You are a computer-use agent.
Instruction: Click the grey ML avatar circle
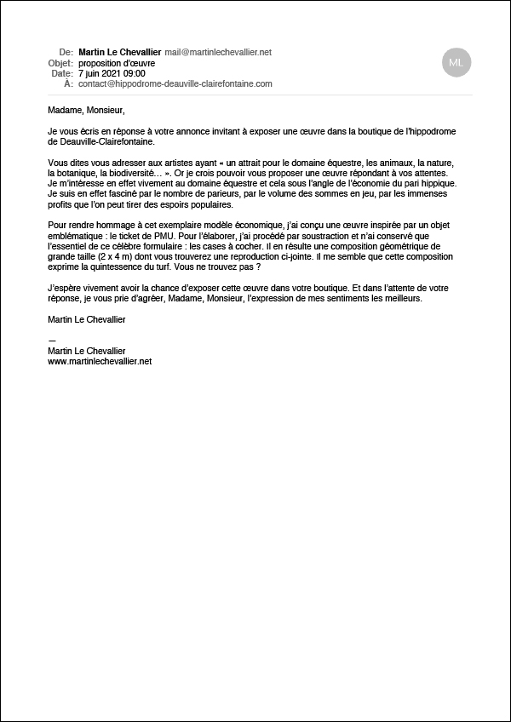pyautogui.click(x=456, y=62)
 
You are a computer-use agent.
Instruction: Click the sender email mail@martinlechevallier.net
pyautogui.click(x=218, y=53)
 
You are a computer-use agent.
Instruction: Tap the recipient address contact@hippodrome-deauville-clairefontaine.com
pyautogui.click(x=175, y=84)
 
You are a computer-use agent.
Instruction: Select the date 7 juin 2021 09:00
pyautogui.click(x=112, y=74)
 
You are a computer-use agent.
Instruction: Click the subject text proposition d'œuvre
pyautogui.click(x=113, y=63)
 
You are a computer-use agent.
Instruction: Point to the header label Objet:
pyautogui.click(x=61, y=63)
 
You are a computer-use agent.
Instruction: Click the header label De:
pyautogui.click(x=66, y=53)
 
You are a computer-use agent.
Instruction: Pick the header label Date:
pyautogui.click(x=62, y=74)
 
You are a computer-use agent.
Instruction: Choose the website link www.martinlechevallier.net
pyautogui.click(x=100, y=362)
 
